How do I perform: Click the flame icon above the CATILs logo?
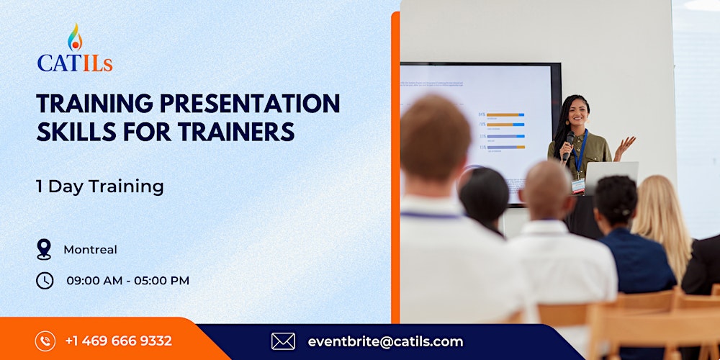click(75, 37)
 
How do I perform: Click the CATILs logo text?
click(75, 63)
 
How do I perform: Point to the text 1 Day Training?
click(100, 186)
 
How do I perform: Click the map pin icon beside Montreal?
click(44, 249)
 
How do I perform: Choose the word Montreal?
click(90, 250)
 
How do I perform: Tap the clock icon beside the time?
click(45, 280)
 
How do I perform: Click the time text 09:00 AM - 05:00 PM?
click(128, 281)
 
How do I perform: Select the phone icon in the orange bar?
click(45, 341)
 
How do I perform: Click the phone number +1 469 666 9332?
click(119, 341)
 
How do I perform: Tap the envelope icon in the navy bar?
click(283, 341)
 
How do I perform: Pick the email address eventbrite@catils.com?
click(385, 341)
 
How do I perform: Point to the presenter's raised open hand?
click(626, 145)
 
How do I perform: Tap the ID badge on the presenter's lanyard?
click(577, 185)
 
